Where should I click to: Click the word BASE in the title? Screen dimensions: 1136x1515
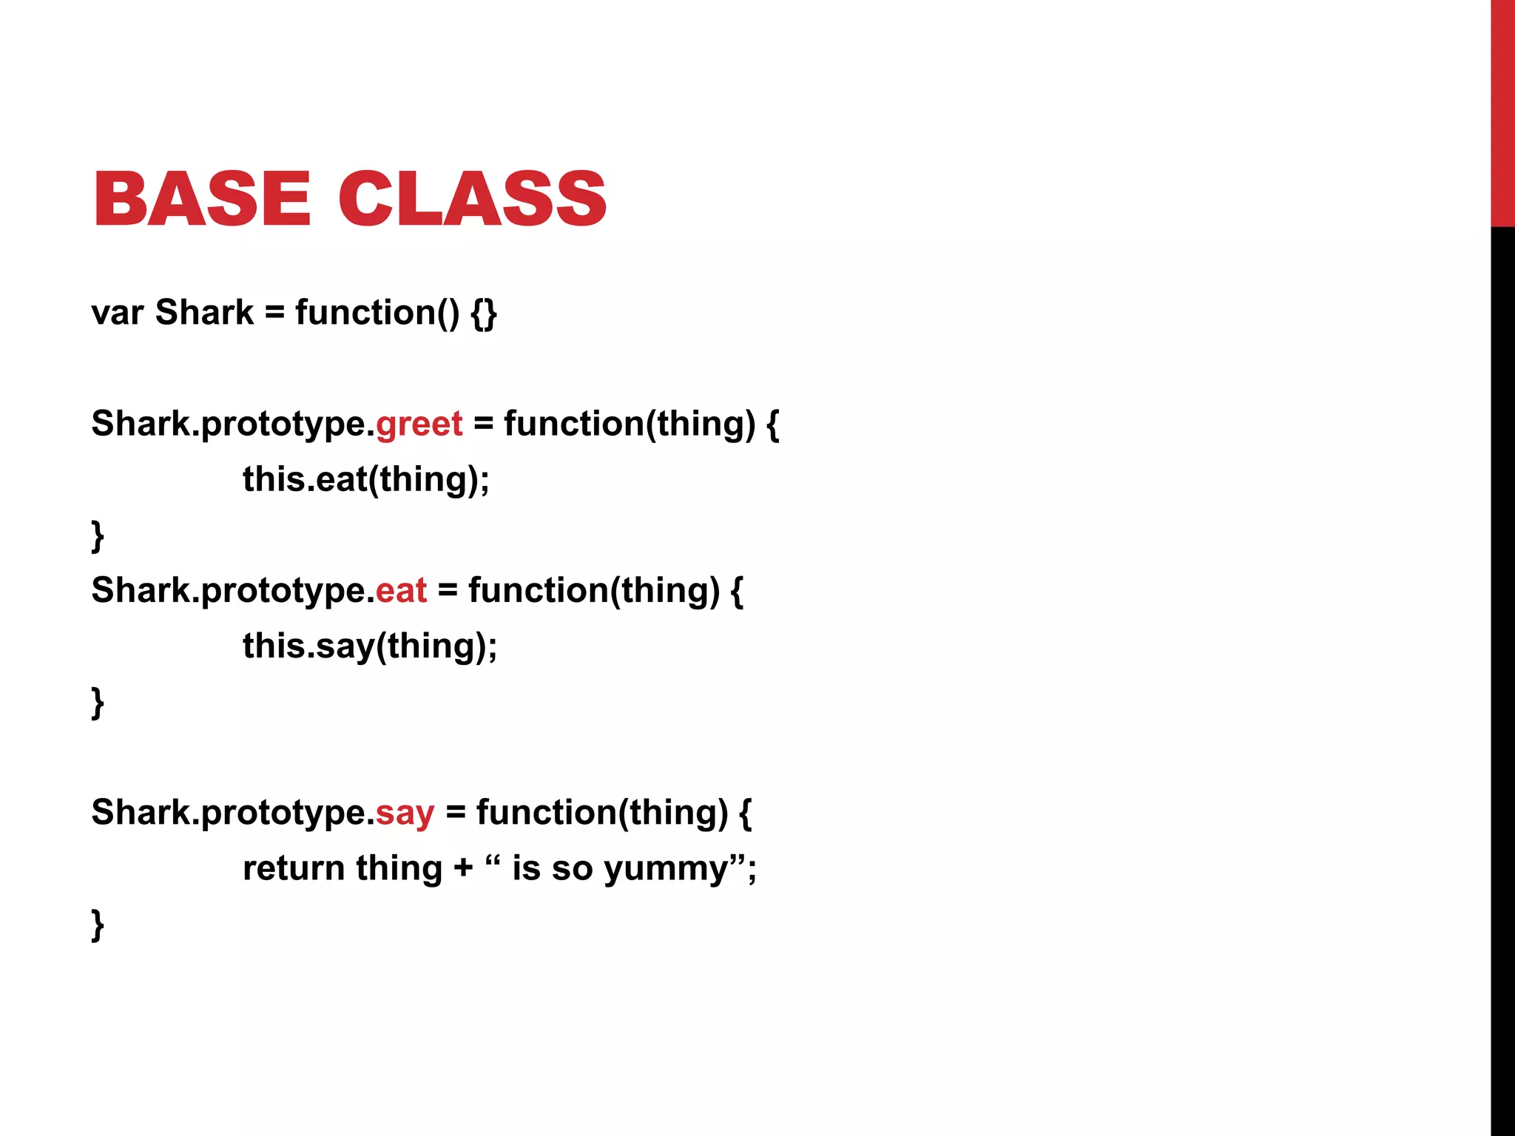(x=202, y=198)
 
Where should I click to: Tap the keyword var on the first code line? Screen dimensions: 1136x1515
(x=117, y=313)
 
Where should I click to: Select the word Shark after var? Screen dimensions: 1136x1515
(x=204, y=312)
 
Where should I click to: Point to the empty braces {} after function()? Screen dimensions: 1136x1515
(x=484, y=314)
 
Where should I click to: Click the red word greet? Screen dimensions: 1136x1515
(x=419, y=424)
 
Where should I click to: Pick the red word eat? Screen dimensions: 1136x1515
(x=401, y=590)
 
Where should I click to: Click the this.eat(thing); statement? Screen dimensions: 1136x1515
(x=366, y=480)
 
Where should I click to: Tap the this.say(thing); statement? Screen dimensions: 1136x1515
(x=370, y=646)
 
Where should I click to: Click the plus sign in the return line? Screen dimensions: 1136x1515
(x=464, y=868)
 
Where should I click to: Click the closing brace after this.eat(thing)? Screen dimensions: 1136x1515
(x=98, y=535)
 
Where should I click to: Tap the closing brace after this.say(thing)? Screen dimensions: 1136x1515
(x=98, y=702)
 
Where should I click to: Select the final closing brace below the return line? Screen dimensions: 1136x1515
(x=98, y=924)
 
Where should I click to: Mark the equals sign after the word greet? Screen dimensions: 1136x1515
(x=483, y=425)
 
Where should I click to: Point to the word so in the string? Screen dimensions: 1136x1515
(x=572, y=869)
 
